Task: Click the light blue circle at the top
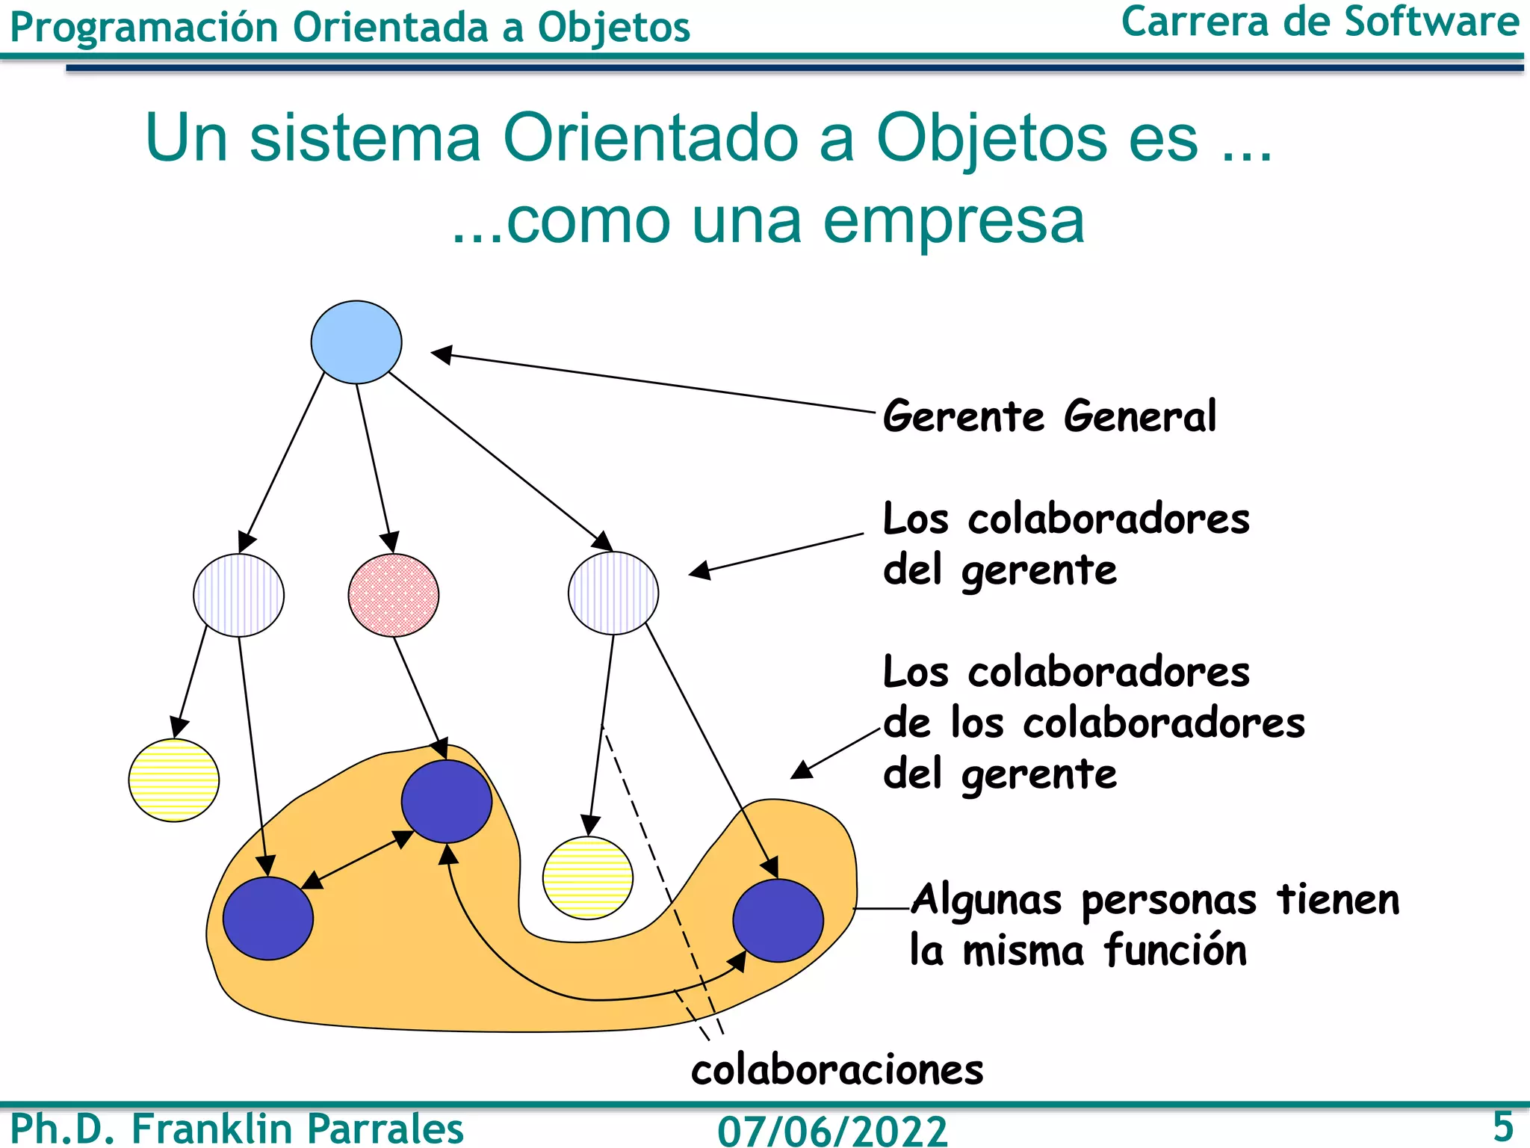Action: click(x=356, y=342)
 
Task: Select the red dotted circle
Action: click(x=394, y=595)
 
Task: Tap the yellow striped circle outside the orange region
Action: click(x=174, y=780)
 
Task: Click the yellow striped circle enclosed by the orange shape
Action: click(x=588, y=877)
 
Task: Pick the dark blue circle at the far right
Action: click(x=778, y=920)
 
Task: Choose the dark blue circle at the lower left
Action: click(x=268, y=919)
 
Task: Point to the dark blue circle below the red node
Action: click(x=447, y=801)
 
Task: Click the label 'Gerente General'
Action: click(x=1050, y=416)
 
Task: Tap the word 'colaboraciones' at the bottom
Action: click(x=837, y=1070)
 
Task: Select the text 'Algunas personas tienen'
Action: click(x=1154, y=899)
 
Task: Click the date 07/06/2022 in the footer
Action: click(x=832, y=1129)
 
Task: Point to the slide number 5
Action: click(x=1502, y=1126)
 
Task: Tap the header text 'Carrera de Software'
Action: click(x=1320, y=22)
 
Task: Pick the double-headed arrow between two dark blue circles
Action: click(x=357, y=860)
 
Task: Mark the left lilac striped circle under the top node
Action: click(x=239, y=595)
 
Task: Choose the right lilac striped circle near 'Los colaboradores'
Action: click(x=613, y=593)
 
